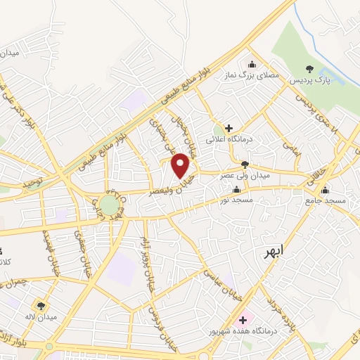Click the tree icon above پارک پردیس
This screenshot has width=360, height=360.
coord(309,68)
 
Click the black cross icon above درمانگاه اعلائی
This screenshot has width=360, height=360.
coord(229,128)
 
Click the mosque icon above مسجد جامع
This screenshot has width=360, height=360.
coord(325,190)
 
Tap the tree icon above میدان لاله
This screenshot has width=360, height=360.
coord(42,306)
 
